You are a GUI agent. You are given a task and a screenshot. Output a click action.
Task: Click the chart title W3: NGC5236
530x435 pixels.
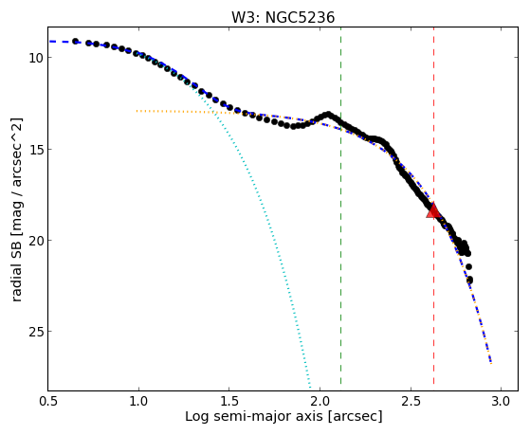click(x=283, y=18)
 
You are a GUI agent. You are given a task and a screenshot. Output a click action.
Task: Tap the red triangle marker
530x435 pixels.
click(x=433, y=209)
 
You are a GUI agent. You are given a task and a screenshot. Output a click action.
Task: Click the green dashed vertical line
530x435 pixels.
click(x=340, y=206)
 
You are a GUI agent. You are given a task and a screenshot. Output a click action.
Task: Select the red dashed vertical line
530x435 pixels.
click(x=433, y=206)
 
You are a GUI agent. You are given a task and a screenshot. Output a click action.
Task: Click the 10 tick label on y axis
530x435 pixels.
click(x=36, y=58)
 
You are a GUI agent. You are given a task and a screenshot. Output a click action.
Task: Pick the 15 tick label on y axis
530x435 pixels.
click(x=36, y=149)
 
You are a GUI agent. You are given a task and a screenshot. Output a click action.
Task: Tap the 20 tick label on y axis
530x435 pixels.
click(x=36, y=241)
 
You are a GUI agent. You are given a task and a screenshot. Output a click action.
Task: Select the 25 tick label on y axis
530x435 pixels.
click(x=36, y=332)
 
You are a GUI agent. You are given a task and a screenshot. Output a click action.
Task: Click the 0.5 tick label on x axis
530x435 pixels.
click(x=48, y=401)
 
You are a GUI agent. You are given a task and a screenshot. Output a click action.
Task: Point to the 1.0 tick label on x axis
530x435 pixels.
click(x=138, y=401)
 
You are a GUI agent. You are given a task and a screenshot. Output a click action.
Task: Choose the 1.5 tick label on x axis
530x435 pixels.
click(x=229, y=401)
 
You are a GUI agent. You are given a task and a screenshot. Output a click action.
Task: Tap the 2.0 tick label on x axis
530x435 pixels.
click(x=320, y=401)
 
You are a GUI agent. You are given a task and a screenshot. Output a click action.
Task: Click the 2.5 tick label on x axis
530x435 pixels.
click(x=411, y=401)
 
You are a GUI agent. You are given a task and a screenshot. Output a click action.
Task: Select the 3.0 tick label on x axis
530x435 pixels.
click(x=501, y=401)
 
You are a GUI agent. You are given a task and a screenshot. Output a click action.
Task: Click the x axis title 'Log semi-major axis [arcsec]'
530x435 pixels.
click(x=283, y=417)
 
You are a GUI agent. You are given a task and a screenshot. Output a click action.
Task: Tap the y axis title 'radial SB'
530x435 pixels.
click(x=16, y=269)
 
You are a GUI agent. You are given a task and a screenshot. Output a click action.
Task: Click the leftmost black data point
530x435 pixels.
click(x=76, y=42)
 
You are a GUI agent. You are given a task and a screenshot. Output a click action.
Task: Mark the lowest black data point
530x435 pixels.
click(x=469, y=281)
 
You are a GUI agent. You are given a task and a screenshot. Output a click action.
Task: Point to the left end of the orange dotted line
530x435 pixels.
click(x=137, y=111)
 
